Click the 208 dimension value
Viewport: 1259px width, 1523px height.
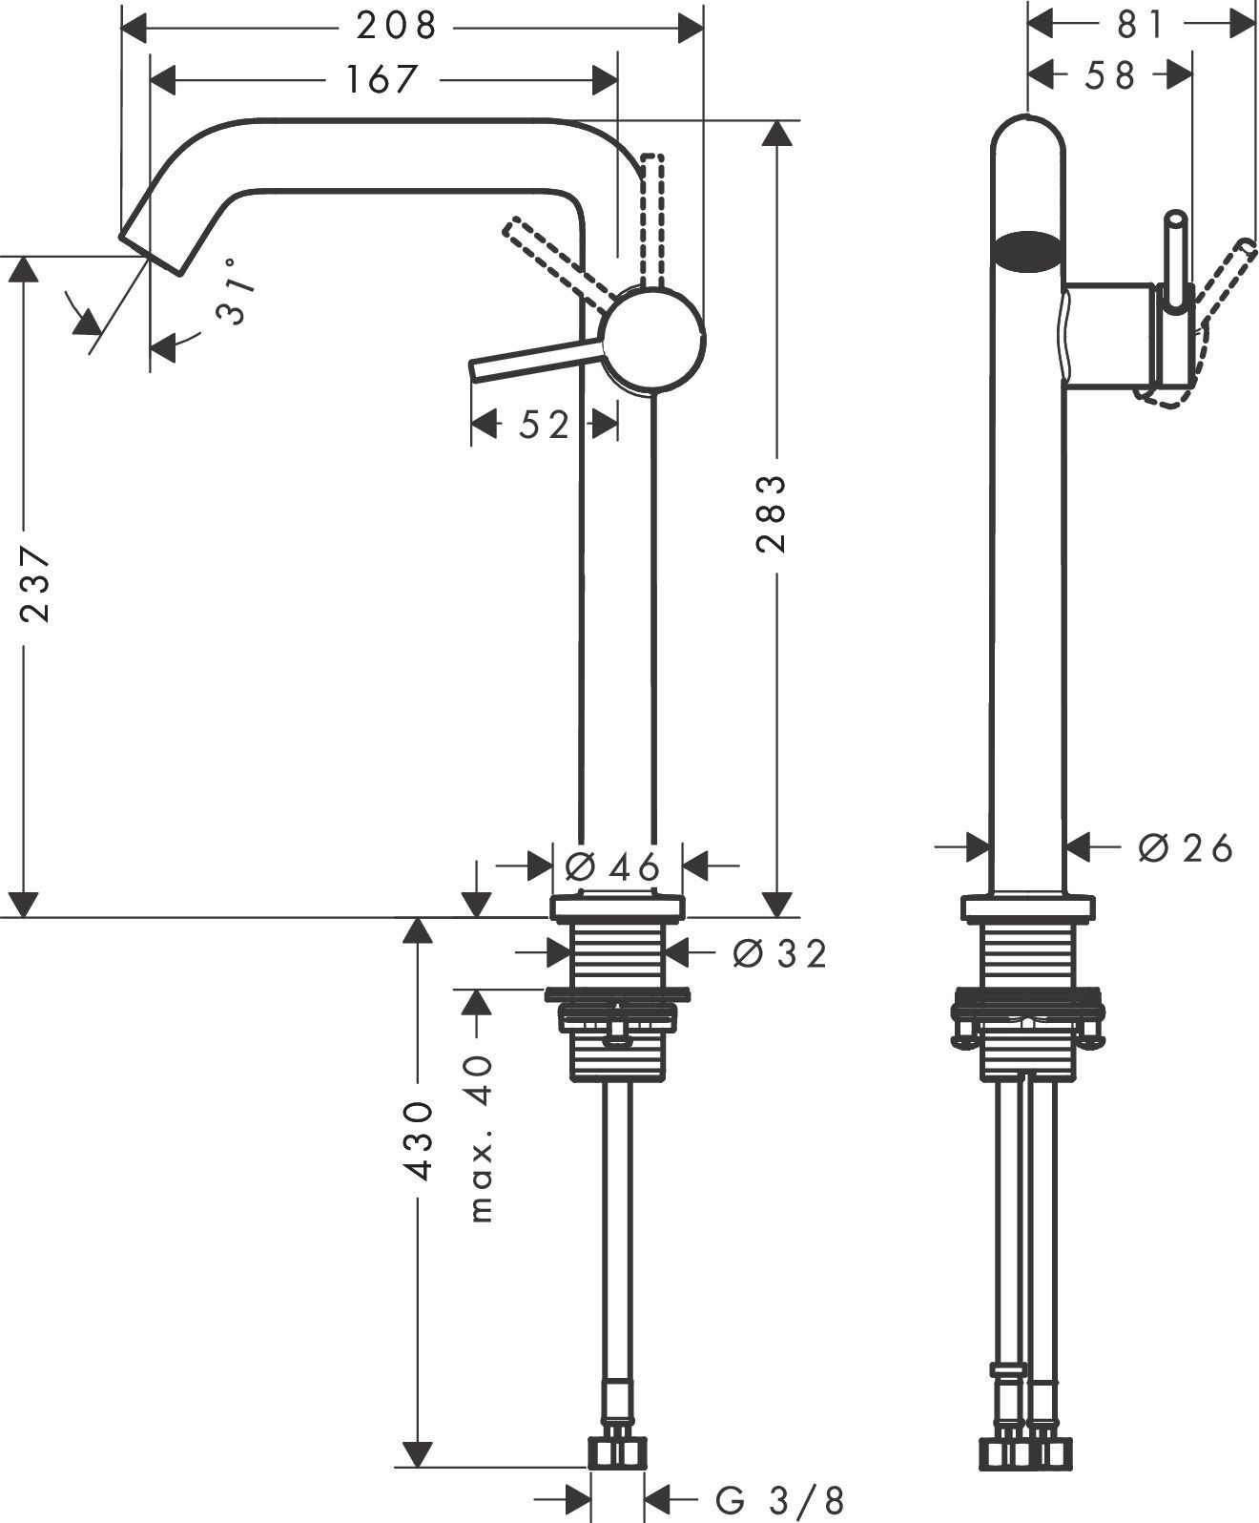point(397,28)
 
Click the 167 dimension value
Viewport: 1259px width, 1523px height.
point(382,80)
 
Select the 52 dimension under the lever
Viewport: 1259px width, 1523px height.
point(544,426)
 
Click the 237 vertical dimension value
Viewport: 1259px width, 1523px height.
point(35,584)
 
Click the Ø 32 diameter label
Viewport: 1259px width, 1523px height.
point(779,952)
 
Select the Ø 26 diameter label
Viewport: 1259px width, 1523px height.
point(1186,846)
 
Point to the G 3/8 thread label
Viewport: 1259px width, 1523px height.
point(780,1500)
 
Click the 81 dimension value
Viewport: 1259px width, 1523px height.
point(1142,26)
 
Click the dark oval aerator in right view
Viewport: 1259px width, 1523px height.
point(1026,248)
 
